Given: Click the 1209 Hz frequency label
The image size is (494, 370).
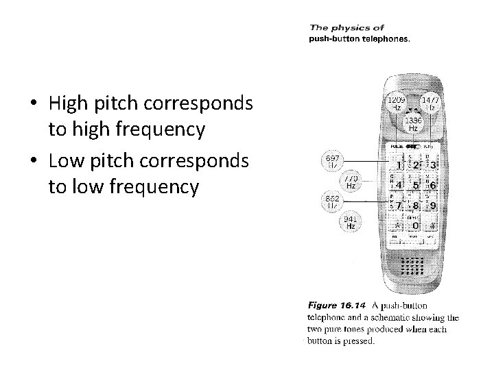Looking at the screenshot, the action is [397, 104].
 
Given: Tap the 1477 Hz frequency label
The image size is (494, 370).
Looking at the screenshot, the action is [432, 104].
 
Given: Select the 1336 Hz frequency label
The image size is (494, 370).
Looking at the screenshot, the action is [414, 124].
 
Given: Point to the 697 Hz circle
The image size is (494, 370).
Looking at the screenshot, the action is [333, 160].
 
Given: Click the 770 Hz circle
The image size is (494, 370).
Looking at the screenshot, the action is [351, 181].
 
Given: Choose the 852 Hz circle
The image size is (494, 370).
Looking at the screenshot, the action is [333, 201].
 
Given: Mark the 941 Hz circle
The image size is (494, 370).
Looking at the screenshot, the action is [351, 222].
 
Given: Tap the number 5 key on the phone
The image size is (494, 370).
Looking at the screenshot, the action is [414, 185].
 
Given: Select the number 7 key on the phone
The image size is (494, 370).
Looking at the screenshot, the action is [397, 205].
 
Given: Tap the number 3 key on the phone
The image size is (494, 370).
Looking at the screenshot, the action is [432, 165].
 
